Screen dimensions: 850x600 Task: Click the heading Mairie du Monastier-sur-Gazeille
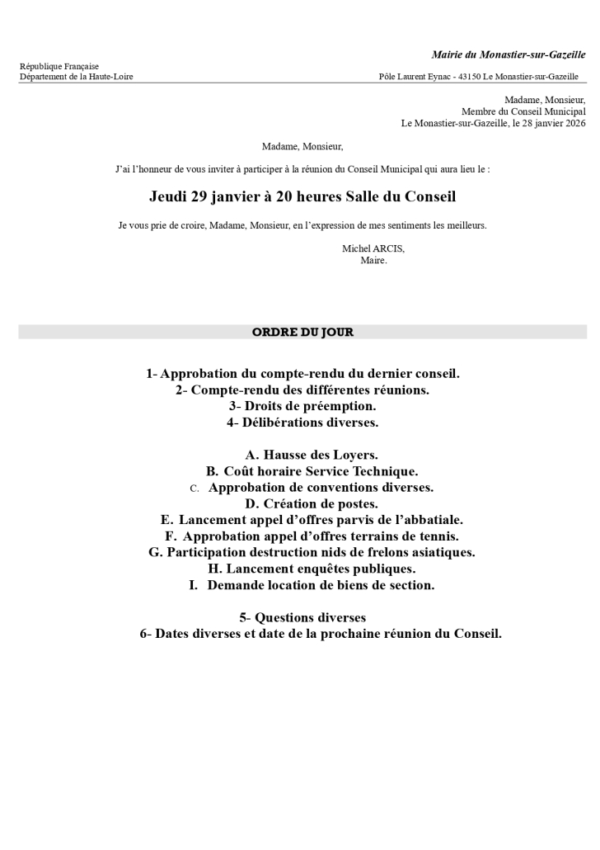coord(509,54)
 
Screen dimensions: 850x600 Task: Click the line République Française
coord(59,66)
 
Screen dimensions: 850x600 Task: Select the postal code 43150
coord(469,77)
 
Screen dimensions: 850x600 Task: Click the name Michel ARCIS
coord(373,248)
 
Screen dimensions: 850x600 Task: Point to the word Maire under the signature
coord(373,260)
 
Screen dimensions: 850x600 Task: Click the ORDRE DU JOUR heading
coord(302,333)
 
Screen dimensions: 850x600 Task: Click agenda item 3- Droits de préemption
coord(302,406)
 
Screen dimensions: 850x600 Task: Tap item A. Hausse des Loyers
coord(312,455)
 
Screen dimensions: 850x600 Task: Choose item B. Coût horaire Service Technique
coord(312,471)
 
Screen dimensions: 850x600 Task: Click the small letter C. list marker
coord(195,489)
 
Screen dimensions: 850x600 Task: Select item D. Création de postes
coord(312,503)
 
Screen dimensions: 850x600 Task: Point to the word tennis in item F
coord(436,536)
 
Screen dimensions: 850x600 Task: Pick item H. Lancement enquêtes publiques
coord(312,569)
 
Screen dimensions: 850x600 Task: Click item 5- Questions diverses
coord(302,617)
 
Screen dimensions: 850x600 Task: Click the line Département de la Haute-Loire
coord(76,77)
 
